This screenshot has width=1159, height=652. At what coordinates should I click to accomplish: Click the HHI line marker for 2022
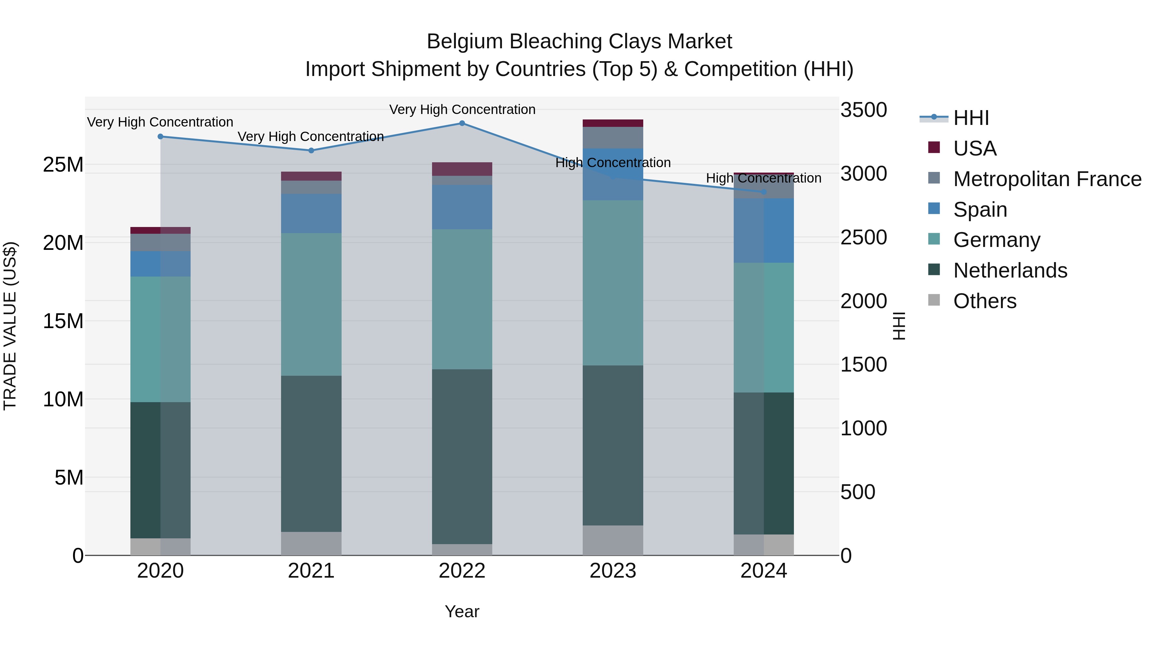tap(462, 123)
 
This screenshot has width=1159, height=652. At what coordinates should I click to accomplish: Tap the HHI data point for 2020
tap(161, 136)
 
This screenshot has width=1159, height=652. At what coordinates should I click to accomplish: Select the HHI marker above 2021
tap(311, 150)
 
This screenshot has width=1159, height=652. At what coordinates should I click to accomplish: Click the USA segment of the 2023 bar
tap(613, 123)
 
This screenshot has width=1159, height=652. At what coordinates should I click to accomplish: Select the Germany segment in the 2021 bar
tap(311, 304)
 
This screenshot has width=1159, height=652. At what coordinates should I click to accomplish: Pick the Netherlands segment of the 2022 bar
tap(462, 457)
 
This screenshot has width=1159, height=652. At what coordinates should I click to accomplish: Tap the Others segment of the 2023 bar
tap(613, 540)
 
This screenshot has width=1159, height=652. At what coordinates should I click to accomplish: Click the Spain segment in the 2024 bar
tap(764, 231)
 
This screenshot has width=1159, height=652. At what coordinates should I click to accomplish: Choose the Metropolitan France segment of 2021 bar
tap(311, 187)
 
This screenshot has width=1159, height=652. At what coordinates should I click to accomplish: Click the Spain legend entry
tap(980, 210)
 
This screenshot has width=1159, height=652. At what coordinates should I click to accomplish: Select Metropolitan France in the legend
tap(1047, 179)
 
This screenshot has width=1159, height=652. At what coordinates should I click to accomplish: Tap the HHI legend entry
tap(971, 118)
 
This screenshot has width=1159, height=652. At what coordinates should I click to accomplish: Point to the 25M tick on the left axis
tap(63, 165)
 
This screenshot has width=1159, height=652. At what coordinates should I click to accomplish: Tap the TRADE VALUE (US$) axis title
tap(10, 326)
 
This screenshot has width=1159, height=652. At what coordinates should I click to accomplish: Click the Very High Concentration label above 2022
tap(462, 109)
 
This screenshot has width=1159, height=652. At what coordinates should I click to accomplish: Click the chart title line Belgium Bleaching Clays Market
tap(579, 42)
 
